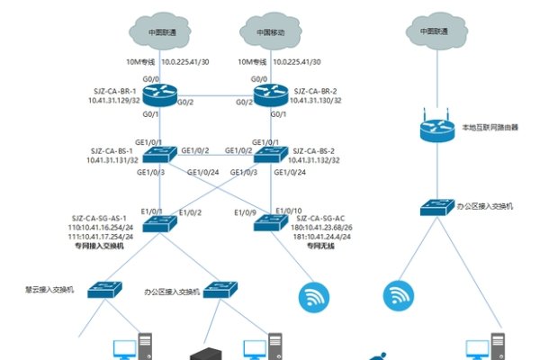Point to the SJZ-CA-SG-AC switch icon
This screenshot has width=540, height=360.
pos(269,221)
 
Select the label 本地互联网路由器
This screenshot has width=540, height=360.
pos(490,128)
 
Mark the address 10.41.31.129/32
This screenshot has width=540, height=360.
pos(112,102)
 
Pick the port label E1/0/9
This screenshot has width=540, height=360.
pos(245,213)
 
